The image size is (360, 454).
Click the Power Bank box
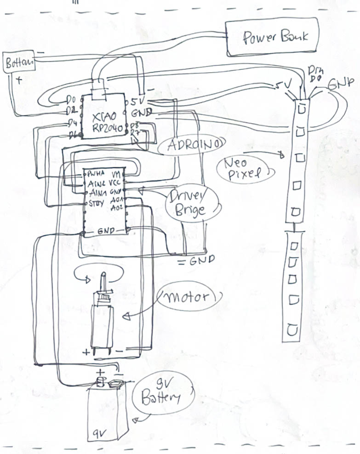click(x=272, y=37)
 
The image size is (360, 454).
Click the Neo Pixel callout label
click(x=244, y=168)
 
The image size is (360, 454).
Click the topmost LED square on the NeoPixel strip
click(x=302, y=109)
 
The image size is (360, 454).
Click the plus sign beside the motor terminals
click(x=86, y=352)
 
